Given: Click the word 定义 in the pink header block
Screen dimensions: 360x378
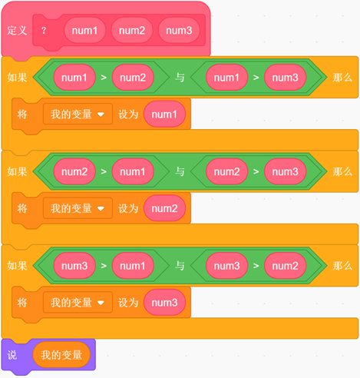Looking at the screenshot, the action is (17, 31).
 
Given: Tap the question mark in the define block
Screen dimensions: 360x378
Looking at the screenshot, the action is (44, 31).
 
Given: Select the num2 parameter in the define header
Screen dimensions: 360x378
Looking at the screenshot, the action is (132, 31).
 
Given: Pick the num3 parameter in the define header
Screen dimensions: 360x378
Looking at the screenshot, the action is (179, 31).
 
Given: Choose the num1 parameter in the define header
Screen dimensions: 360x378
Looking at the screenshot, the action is (84, 31).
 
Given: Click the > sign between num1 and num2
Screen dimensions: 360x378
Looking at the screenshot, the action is (104, 78).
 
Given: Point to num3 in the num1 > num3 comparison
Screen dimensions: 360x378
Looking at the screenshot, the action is (286, 78).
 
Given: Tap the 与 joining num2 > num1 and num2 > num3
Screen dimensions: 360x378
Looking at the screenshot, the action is (180, 171).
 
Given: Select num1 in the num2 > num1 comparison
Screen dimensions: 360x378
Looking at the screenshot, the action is (133, 171).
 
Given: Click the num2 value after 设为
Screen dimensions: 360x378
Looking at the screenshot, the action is (164, 208).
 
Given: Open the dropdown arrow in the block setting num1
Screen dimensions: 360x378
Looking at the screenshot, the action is (101, 114).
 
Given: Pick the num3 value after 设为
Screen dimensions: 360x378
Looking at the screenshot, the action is (164, 303).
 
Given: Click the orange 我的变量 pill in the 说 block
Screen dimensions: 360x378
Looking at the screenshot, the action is (61, 355).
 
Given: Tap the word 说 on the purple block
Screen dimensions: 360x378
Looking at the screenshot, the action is (12, 355).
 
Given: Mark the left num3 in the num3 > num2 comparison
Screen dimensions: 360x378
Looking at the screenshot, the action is (227, 266).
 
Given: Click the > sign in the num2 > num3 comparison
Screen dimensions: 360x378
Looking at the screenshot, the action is (256, 171).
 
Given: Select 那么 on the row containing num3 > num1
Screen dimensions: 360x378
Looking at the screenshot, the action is (342, 266).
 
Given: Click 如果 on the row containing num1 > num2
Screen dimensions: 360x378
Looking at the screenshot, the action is (17, 78).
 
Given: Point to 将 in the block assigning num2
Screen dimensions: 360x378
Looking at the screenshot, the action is (22, 208).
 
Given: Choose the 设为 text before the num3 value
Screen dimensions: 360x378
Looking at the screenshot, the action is (128, 303).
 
